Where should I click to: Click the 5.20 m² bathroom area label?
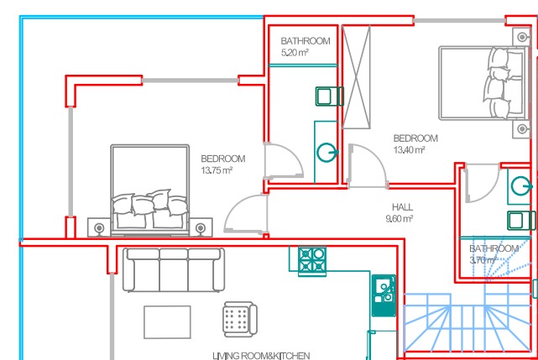(295, 53)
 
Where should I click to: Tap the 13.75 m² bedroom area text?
(217, 170)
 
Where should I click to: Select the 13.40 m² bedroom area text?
(410, 149)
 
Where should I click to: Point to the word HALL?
(403, 207)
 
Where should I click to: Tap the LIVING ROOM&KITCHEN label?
(261, 356)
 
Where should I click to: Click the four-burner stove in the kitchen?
(312, 261)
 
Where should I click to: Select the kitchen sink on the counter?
(384, 295)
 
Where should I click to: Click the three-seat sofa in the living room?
(174, 269)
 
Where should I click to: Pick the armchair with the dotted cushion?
(240, 319)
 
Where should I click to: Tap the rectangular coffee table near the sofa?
(167, 322)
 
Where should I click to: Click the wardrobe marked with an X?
(357, 77)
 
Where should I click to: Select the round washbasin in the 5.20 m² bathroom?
(327, 153)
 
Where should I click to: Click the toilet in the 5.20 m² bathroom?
(330, 97)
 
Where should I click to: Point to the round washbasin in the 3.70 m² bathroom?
(521, 186)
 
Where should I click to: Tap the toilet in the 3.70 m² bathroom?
(521, 221)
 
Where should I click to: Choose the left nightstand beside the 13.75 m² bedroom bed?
(99, 227)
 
